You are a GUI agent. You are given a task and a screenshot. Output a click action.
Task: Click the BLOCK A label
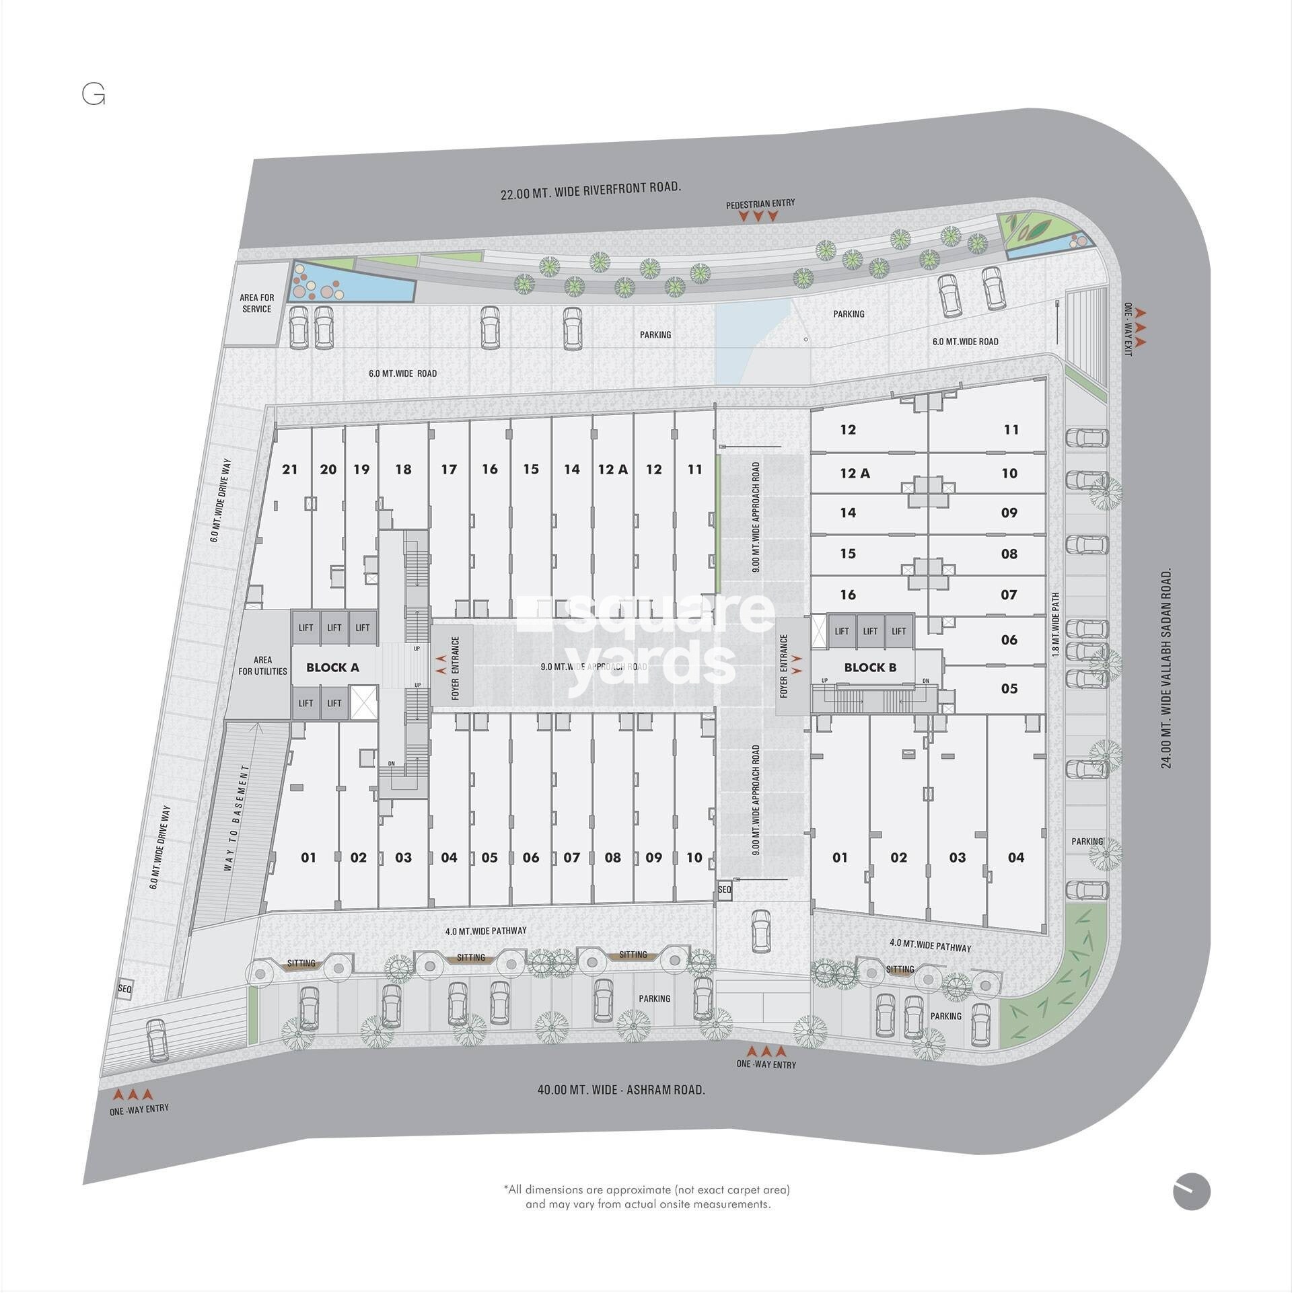(x=332, y=667)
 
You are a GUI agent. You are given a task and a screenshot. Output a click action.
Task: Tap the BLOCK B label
(x=870, y=667)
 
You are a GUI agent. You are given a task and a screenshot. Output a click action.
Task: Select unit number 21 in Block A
(x=290, y=470)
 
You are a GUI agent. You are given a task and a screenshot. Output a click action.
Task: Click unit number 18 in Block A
(x=403, y=470)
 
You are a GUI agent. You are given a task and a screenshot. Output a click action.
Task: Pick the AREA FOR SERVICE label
(x=256, y=303)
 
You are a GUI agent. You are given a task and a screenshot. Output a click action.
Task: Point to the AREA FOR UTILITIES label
(x=262, y=666)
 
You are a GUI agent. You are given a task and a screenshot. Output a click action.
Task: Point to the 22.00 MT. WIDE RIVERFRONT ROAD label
(x=590, y=191)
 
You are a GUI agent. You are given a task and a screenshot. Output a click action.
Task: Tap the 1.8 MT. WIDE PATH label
(x=1056, y=625)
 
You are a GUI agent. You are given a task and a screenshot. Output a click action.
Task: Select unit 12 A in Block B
(x=855, y=474)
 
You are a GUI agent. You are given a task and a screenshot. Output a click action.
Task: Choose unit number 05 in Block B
(x=1009, y=688)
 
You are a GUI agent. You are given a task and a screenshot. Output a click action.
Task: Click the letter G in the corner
(x=94, y=96)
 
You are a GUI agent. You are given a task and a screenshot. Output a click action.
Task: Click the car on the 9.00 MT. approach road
(x=760, y=931)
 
